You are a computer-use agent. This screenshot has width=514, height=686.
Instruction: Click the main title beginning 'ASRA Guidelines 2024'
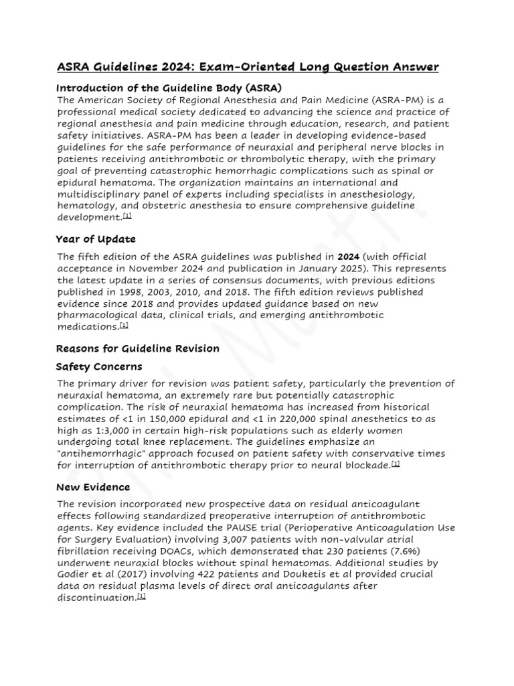tap(248, 66)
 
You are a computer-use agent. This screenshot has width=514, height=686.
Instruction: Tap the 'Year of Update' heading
tap(96, 238)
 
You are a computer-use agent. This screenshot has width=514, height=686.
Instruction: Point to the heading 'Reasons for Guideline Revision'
tap(137, 348)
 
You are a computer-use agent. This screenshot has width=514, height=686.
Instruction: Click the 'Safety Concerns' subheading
tap(99, 366)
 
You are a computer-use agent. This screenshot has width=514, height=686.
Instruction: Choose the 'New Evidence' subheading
tap(93, 486)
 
